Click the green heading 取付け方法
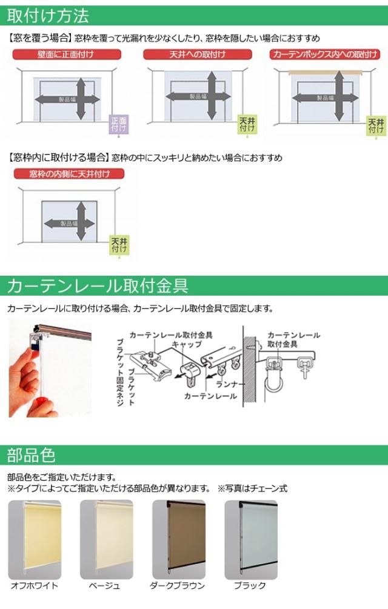tap(48, 16)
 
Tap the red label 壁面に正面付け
tap(67, 55)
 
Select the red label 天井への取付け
tap(197, 55)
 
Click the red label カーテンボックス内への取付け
tap(325, 55)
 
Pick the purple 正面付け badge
tap(119, 124)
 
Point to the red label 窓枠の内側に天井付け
tap(69, 174)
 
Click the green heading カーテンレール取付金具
tap(98, 286)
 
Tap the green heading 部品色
tap(31, 455)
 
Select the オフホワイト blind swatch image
tap(35, 540)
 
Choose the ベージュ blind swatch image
tap(107, 540)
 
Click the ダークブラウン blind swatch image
tap(179, 540)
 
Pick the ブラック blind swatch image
tap(251, 540)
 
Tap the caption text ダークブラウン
tap(178, 586)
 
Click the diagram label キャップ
tap(187, 345)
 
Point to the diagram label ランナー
tap(228, 385)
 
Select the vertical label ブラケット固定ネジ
tap(120, 372)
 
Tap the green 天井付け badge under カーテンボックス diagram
tap(376, 126)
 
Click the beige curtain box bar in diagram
tap(326, 73)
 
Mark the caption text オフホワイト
tap(35, 586)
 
